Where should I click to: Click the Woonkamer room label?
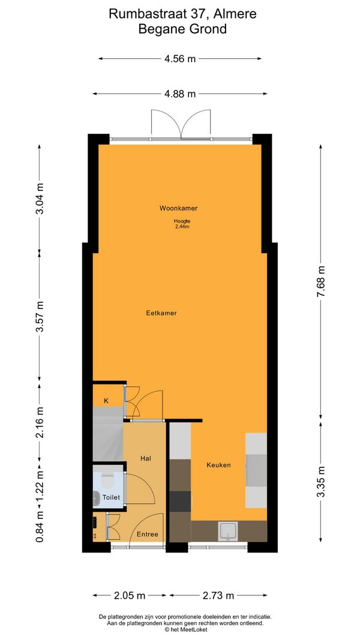(178, 208)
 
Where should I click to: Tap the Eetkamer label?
(161, 313)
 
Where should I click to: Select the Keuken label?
(218, 465)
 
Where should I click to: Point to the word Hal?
(146, 458)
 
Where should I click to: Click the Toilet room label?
(111, 497)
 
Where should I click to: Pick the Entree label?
(147, 534)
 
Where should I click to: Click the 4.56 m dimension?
(180, 59)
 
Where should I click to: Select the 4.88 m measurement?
(180, 94)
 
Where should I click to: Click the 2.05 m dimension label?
(130, 596)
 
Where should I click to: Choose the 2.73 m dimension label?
(218, 596)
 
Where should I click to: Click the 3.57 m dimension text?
(40, 317)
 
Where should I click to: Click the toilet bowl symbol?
(108, 481)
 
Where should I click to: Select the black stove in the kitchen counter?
(180, 501)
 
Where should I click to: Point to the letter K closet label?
(106, 401)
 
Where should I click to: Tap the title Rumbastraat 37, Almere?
(182, 14)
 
